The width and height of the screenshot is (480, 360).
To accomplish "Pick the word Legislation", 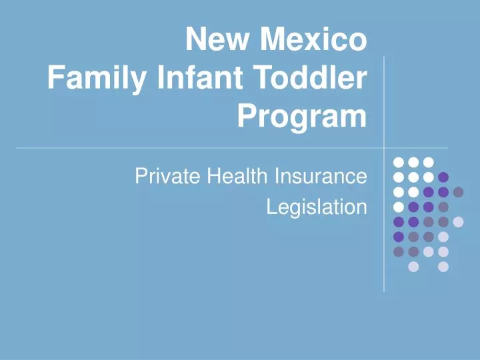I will (317, 207).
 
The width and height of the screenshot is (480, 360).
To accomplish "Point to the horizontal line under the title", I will (200, 147).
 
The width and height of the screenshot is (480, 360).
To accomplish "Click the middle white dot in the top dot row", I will (413, 162).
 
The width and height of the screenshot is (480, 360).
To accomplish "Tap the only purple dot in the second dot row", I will (443, 177).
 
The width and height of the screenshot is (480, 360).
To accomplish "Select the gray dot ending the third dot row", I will (458, 192).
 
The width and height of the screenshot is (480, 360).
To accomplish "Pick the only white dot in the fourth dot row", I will (399, 207).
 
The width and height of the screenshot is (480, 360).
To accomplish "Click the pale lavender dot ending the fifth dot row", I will (458, 222).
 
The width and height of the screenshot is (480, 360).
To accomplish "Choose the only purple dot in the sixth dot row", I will (399, 237).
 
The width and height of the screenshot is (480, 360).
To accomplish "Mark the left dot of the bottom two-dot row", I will (413, 267).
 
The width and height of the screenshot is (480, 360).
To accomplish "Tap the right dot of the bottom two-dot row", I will (443, 267).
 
